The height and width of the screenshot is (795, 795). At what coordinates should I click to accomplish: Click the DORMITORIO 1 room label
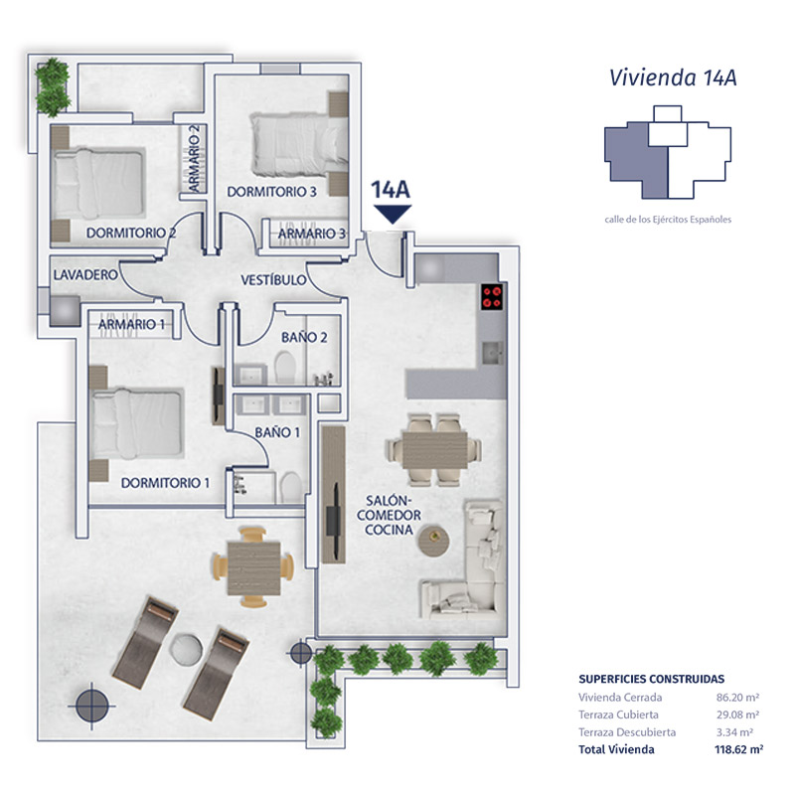165,483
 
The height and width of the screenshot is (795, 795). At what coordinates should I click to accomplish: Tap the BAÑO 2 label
304,337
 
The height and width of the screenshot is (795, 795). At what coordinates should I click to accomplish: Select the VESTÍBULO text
273,280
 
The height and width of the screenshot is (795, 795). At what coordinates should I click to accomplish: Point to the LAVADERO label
85,275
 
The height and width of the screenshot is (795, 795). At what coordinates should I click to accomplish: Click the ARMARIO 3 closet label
312,234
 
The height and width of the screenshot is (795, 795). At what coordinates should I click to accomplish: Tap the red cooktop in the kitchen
492,296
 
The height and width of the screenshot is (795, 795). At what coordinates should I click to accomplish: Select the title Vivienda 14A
673,78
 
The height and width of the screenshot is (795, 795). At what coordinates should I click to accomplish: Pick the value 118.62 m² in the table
738,749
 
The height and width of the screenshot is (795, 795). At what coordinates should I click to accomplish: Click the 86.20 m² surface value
737,698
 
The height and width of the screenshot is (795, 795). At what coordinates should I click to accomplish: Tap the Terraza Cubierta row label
618,715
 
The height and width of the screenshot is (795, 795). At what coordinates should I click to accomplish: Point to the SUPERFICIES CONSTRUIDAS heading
652,679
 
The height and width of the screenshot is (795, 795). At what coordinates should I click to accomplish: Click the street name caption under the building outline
668,220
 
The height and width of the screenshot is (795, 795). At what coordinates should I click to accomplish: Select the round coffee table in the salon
433,541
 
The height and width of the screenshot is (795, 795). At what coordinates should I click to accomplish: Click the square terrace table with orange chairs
253,567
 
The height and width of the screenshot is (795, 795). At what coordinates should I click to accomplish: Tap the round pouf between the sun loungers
186,650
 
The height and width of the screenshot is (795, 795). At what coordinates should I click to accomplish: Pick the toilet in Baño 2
285,368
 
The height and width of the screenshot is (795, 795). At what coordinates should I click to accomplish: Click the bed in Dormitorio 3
299,144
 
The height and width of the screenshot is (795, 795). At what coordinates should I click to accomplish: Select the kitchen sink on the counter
492,353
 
